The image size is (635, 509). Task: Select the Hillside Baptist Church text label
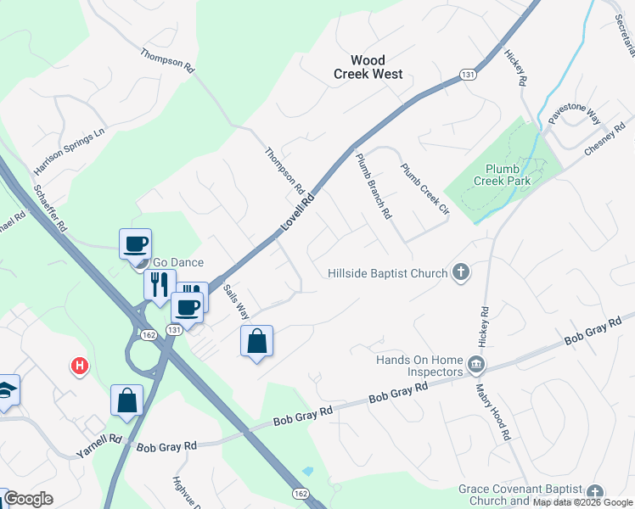(388, 273)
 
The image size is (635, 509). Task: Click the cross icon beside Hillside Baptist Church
(461, 272)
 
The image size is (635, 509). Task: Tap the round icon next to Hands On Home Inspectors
(476, 366)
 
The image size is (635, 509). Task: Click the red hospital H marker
(79, 366)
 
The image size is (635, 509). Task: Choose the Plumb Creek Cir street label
(424, 187)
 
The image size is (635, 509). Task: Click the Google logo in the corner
(27, 498)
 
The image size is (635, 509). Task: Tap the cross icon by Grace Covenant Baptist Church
(595, 493)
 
